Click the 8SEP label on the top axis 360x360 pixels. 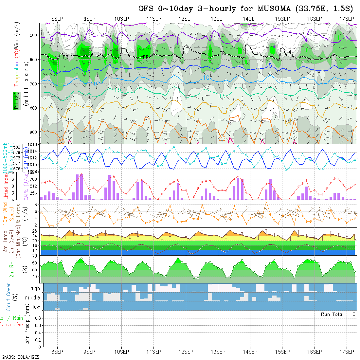[x=57, y=19]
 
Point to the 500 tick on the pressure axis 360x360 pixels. [x=35, y=35]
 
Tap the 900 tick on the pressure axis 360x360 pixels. [x=35, y=132]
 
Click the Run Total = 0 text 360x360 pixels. [x=338, y=314]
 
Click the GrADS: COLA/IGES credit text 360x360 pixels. [x=21, y=357]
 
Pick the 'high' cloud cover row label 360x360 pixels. [x=35, y=288]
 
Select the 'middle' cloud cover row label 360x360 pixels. [x=33, y=298]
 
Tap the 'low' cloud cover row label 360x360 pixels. [x=36, y=307]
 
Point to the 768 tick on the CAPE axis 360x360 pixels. [x=34, y=179]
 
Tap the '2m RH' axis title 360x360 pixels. [x=12, y=269]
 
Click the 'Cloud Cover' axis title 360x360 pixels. [x=9, y=297]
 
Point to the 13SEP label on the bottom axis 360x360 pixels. [x=218, y=352]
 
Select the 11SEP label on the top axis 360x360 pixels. [x=154, y=19]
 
